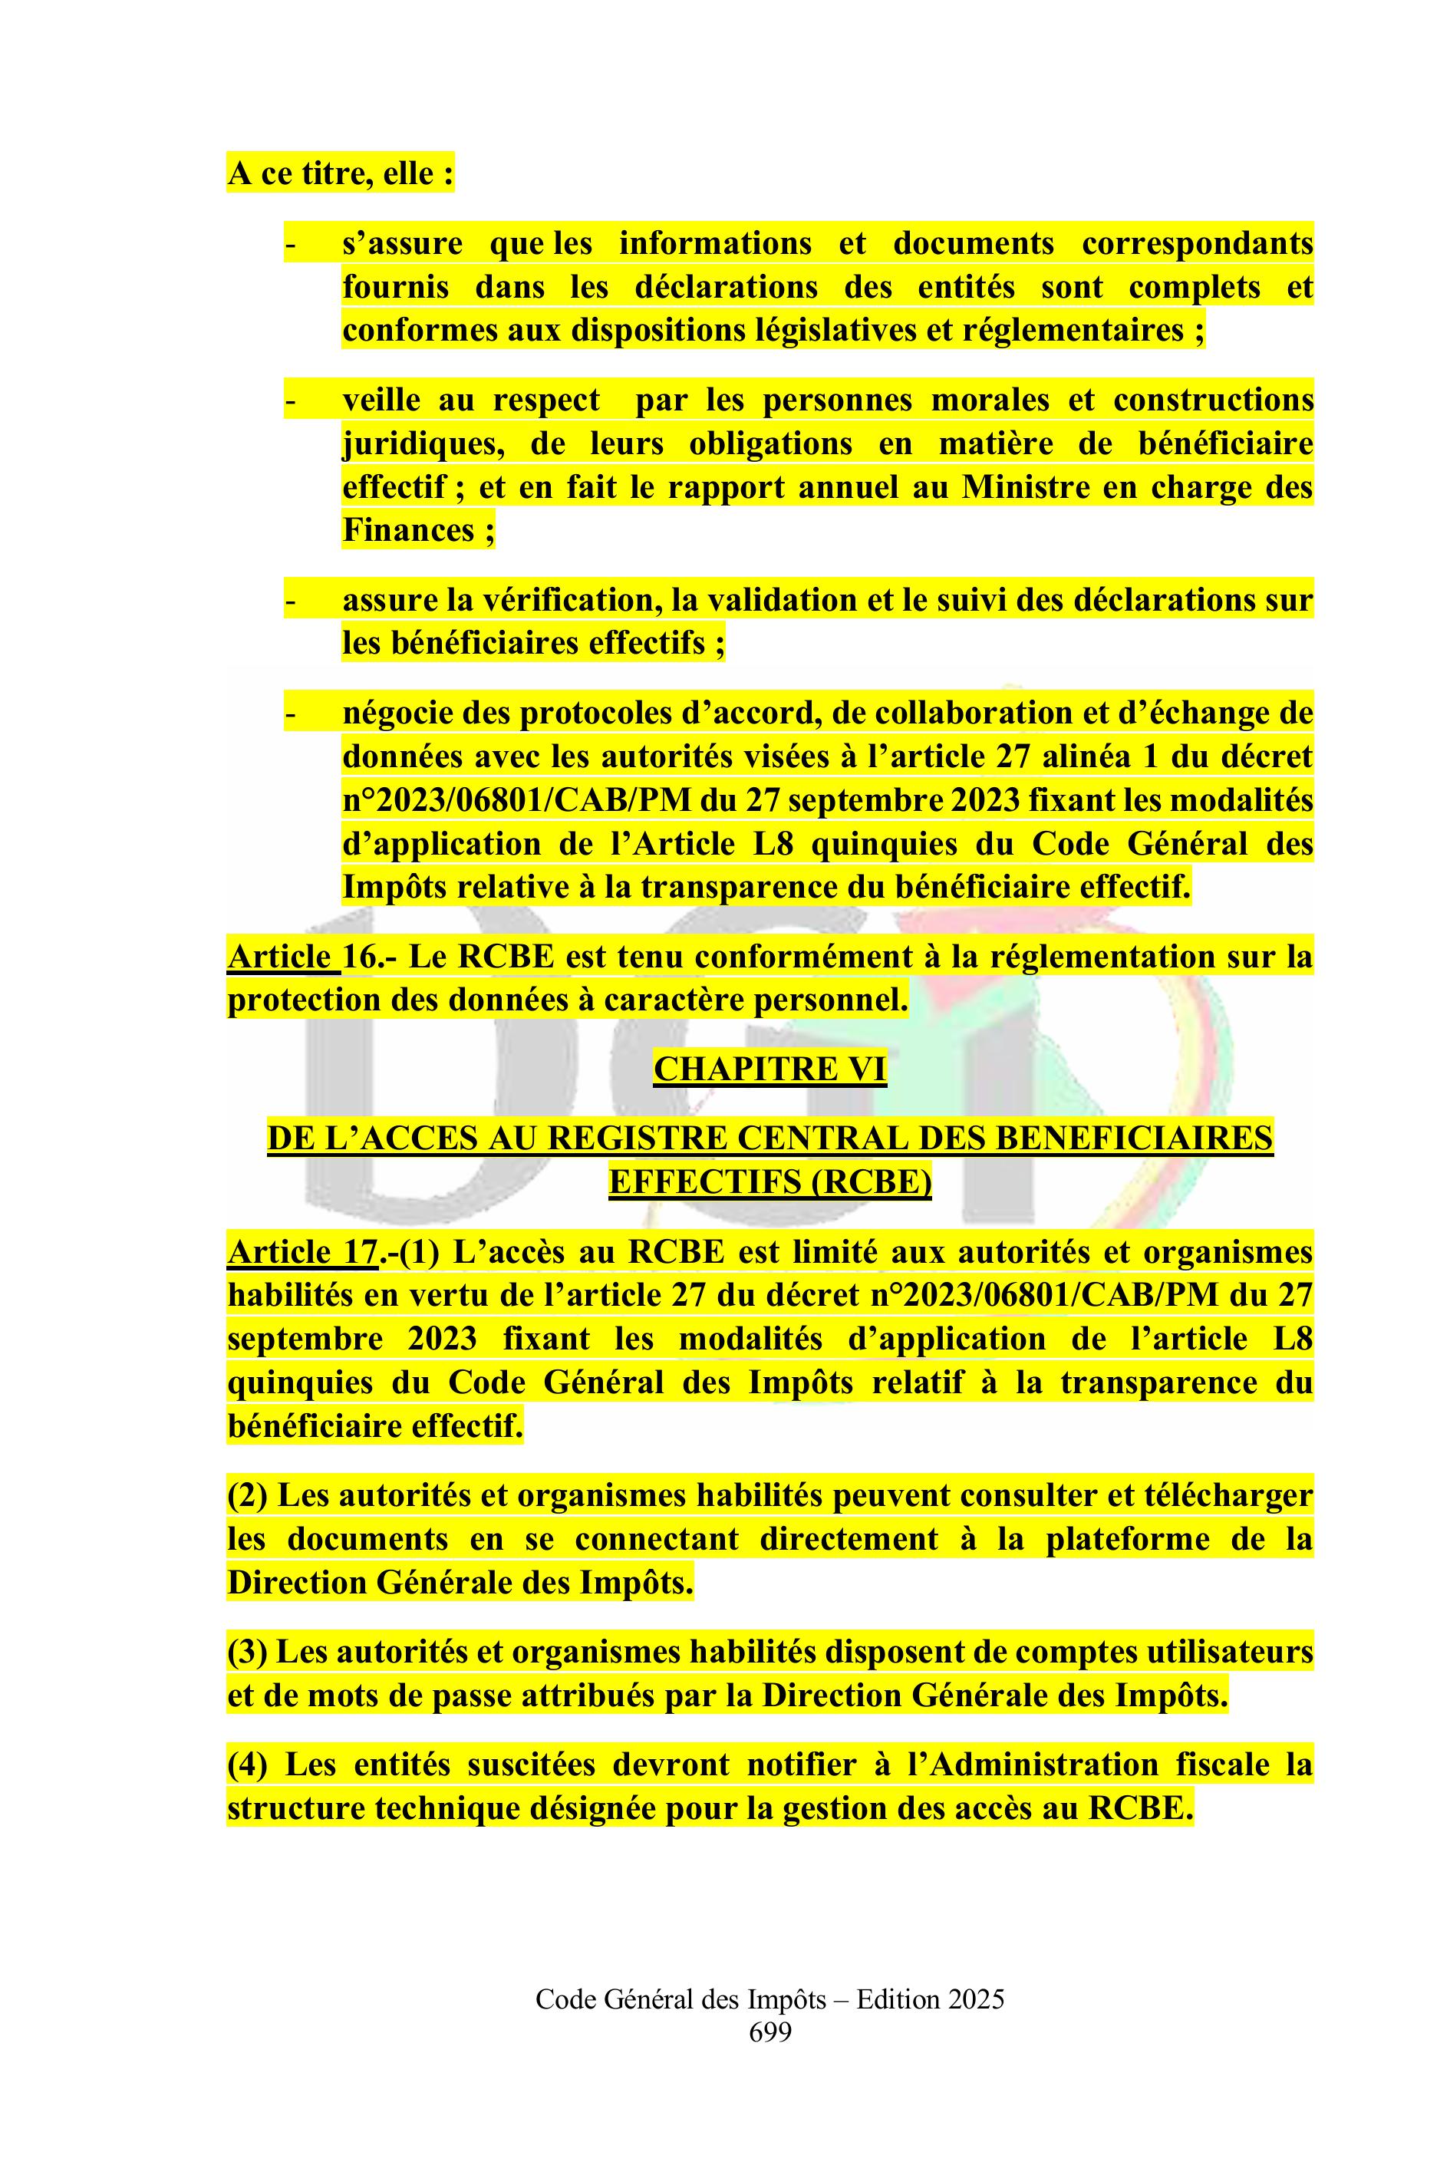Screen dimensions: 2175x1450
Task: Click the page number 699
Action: [769, 2059]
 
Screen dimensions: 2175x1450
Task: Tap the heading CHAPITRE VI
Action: [769, 1069]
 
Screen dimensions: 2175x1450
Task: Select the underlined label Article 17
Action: [302, 1252]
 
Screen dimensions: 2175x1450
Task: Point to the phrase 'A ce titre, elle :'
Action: [341, 174]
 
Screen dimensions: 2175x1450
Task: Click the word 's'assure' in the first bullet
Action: [401, 244]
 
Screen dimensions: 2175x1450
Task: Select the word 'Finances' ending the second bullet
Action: [409, 531]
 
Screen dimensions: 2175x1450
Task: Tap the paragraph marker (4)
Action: [247, 1765]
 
